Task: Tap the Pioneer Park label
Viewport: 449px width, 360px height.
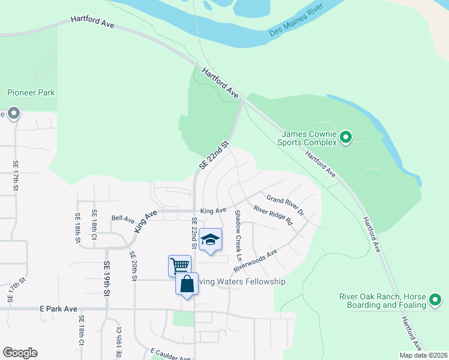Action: [31, 92]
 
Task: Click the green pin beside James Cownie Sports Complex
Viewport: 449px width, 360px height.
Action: [345, 138]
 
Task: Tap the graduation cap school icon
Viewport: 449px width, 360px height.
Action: [210, 239]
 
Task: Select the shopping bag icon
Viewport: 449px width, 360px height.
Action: [187, 284]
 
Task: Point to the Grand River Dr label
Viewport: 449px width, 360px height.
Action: [286, 205]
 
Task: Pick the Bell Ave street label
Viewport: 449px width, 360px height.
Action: [123, 219]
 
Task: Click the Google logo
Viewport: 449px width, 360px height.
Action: [20, 353]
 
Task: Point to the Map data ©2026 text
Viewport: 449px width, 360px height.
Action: [423, 355]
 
